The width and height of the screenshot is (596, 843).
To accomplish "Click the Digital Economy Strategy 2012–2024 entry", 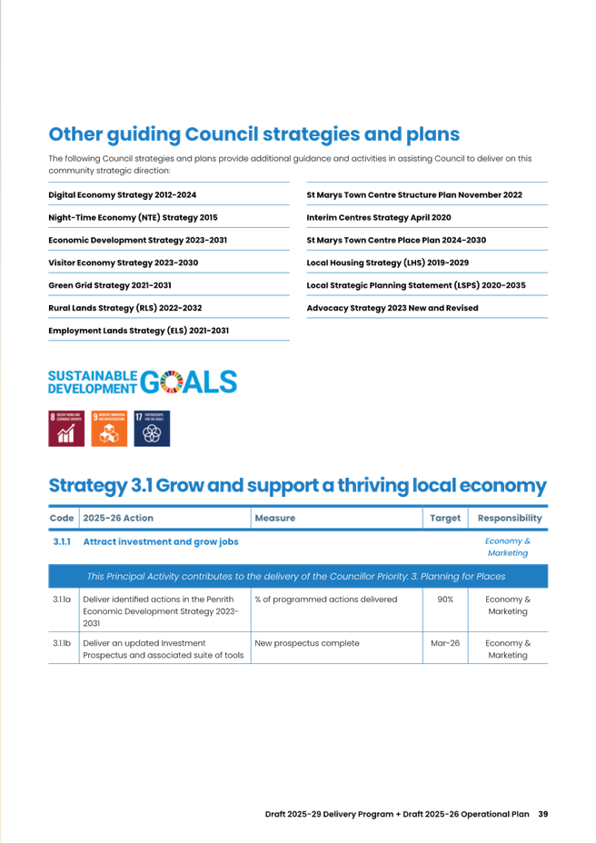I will [x=122, y=195].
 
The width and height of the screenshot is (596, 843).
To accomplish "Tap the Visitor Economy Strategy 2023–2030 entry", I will [x=122, y=263].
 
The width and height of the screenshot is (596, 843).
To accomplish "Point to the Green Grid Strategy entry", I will [x=109, y=285].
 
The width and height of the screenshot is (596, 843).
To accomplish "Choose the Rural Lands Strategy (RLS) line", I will [x=124, y=308].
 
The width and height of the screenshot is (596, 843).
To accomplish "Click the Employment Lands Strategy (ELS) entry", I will [x=138, y=331].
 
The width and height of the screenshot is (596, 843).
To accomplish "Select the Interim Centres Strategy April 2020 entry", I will [x=378, y=218].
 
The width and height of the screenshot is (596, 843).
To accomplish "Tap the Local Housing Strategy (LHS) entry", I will [x=387, y=263].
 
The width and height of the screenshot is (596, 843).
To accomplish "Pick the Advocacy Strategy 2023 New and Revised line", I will [x=392, y=308].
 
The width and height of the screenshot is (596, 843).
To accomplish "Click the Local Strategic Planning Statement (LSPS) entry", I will [x=415, y=285].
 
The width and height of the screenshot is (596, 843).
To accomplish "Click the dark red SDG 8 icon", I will [x=65, y=429].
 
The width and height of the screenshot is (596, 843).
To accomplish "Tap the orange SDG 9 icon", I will [x=109, y=429].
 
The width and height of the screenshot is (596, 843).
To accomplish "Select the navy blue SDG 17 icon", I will [x=152, y=429].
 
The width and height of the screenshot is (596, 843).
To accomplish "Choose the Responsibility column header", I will [x=510, y=518].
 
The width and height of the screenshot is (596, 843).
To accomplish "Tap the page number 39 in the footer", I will [x=542, y=813].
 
